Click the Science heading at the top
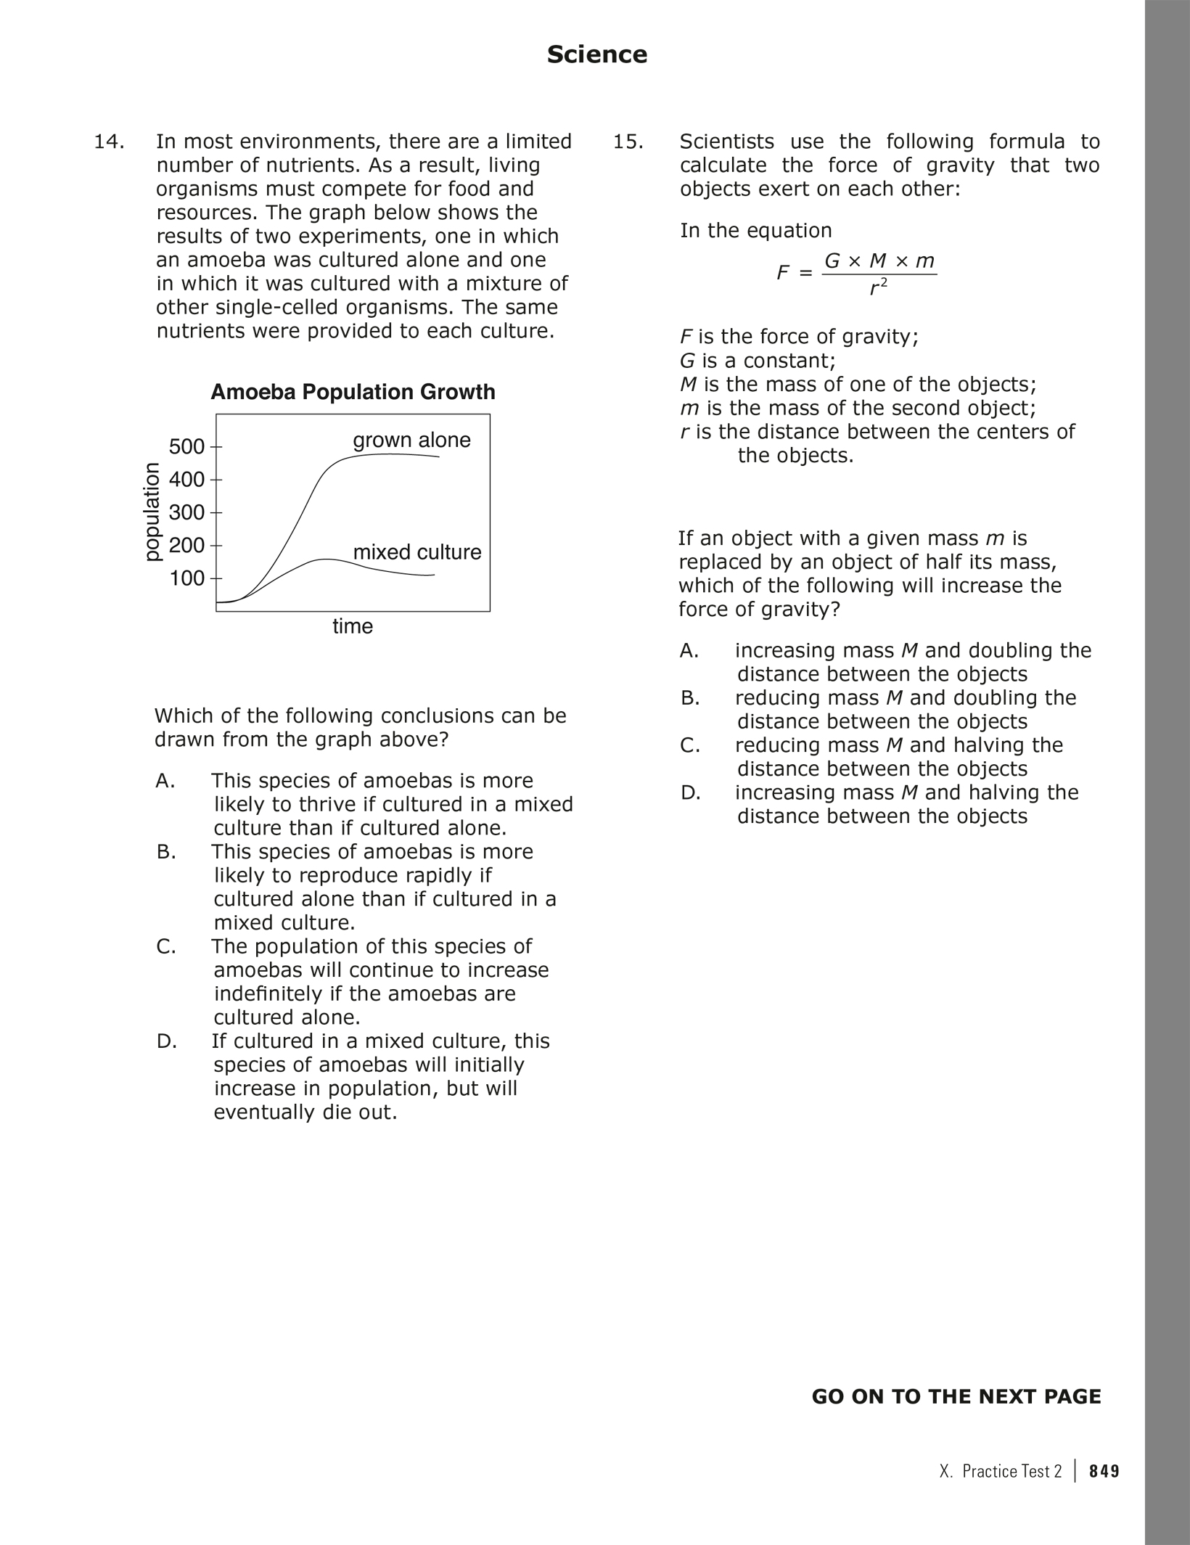tap(596, 54)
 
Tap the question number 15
tap(628, 142)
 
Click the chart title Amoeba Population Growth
tap(353, 392)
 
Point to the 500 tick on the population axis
tap(187, 446)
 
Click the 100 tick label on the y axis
tap(187, 578)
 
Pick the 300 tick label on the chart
tap(187, 512)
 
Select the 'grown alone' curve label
tap(411, 440)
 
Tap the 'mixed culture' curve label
tap(417, 552)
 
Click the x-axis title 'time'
tap(353, 626)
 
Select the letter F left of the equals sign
tap(782, 273)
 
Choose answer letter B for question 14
tap(166, 852)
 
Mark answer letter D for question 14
tap(166, 1041)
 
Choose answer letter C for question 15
tap(690, 745)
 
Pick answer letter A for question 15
tap(689, 651)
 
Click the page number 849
tap(1104, 1471)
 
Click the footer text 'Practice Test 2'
tap(1011, 1471)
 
